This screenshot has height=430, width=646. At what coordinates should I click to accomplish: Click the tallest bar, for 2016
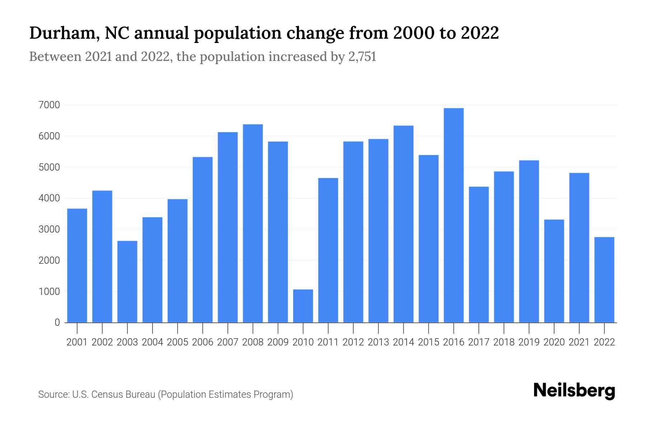(x=454, y=215)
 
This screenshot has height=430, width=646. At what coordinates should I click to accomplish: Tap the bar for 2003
(x=127, y=282)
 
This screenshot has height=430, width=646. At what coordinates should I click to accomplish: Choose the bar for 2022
(x=604, y=279)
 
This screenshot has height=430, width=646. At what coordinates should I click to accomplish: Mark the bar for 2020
(x=554, y=271)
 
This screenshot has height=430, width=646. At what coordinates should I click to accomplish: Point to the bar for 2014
(x=403, y=224)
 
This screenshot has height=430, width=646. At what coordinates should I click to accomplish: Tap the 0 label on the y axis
(x=57, y=322)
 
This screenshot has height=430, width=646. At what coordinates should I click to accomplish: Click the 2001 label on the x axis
(x=77, y=342)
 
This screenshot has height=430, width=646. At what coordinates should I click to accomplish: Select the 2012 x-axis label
(x=353, y=342)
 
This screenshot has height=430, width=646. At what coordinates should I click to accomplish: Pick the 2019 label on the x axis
(x=529, y=342)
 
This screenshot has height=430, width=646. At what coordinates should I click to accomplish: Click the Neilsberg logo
(x=574, y=391)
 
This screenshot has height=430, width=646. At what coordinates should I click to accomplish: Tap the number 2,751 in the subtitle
(x=362, y=57)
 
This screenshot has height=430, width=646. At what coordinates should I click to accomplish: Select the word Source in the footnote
(x=53, y=395)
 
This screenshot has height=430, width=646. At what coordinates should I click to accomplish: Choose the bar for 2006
(x=202, y=240)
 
